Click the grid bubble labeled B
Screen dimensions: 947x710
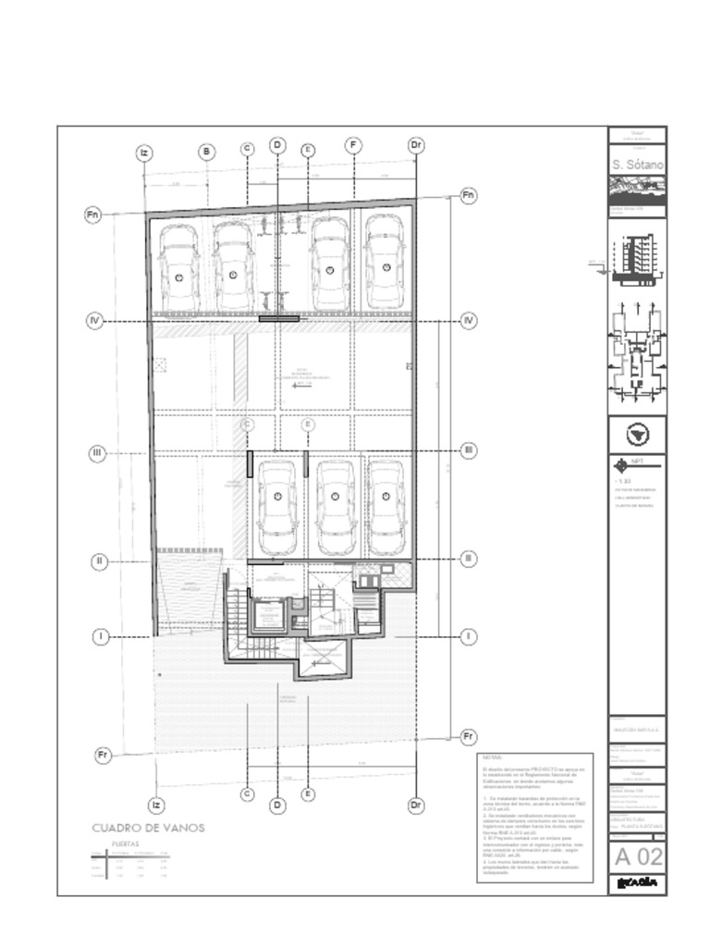[207, 153]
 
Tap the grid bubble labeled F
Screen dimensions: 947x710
[353, 145]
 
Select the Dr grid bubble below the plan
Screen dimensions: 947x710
[416, 806]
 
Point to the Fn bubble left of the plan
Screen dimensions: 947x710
[92, 215]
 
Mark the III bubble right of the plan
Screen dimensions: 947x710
[469, 450]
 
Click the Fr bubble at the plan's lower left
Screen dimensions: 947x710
[104, 756]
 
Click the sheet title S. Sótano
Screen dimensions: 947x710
[638, 165]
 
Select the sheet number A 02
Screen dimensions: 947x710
[638, 856]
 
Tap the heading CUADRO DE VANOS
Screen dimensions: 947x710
[148, 828]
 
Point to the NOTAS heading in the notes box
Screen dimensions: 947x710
[491, 756]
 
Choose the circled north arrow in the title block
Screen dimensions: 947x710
[638, 434]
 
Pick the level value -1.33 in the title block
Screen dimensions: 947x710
[622, 482]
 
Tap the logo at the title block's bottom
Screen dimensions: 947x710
[638, 883]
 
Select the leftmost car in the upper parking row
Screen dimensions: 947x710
[178, 267]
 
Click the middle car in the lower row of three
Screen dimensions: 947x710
[336, 507]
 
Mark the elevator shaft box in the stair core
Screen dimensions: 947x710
[268, 615]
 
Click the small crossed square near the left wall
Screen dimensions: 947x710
[160, 364]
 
